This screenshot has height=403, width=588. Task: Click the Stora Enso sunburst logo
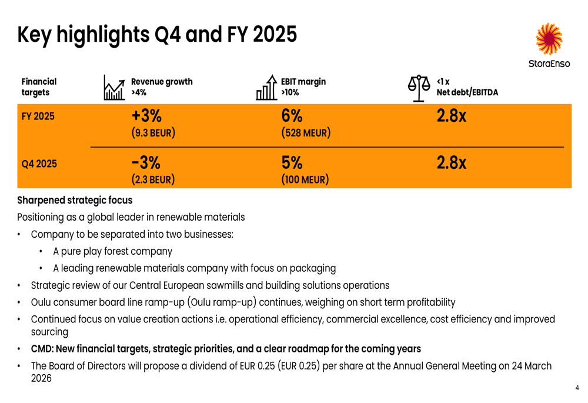(549, 39)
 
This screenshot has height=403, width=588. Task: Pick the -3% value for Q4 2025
(146, 162)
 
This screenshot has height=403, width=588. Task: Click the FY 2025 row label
(38, 116)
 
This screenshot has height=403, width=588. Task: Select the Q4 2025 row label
(39, 164)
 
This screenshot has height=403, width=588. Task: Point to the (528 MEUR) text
(305, 132)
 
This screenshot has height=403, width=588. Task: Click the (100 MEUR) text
(305, 179)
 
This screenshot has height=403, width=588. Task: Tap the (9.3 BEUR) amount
(153, 132)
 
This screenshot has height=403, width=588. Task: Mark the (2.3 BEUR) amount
(153, 179)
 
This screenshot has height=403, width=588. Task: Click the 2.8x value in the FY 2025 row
(452, 116)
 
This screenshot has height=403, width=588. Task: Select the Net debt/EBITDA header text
(467, 92)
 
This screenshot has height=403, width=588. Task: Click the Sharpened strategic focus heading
(75, 200)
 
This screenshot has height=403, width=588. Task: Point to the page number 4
(577, 388)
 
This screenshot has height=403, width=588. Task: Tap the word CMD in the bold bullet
(42, 349)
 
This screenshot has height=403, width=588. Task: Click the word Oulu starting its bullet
(41, 302)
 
